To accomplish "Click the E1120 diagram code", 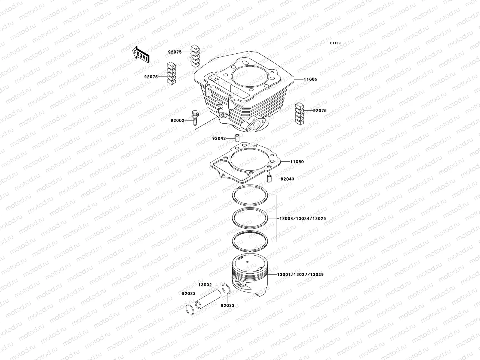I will click(335, 43).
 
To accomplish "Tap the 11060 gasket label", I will click(297, 162).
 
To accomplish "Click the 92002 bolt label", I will click(177, 120).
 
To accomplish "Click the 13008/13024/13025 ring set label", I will click(302, 219).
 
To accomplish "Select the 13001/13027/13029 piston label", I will click(300, 274).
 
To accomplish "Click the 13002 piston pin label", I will click(205, 285).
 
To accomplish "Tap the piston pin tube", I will click(207, 300).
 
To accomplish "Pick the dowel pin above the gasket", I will click(237, 138).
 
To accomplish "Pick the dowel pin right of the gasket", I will click(269, 179).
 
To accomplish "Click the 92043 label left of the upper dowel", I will click(219, 139).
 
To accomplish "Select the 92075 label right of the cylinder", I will click(320, 111).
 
